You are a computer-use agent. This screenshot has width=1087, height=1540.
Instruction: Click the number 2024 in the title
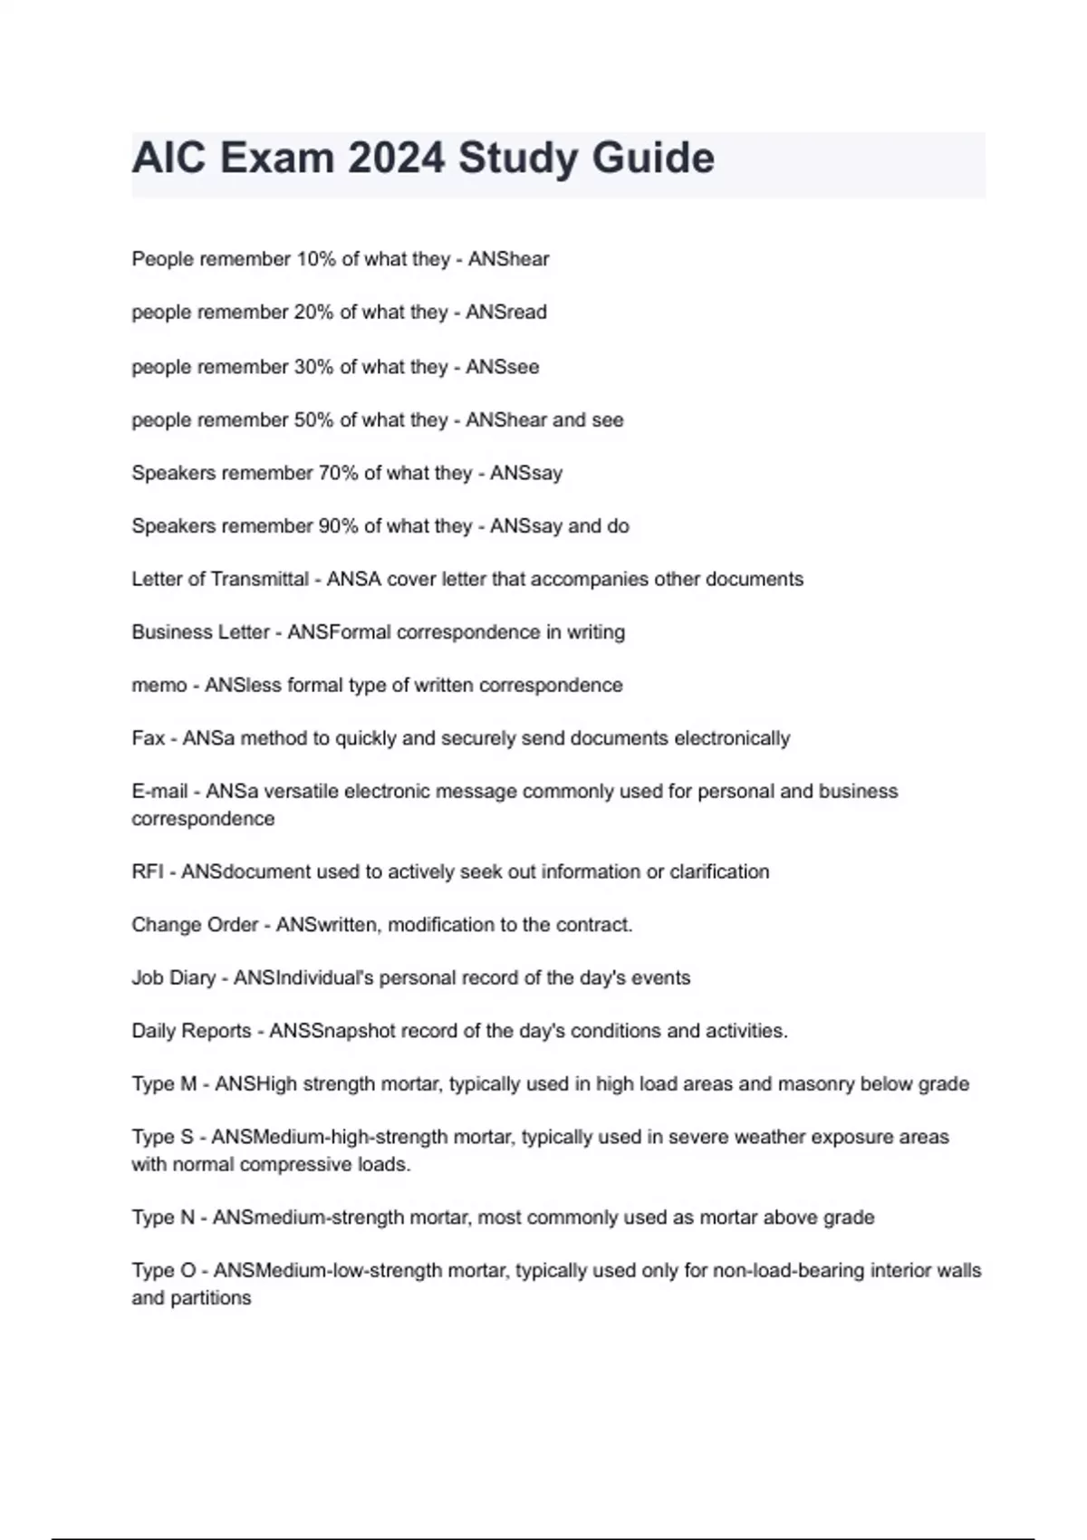[x=396, y=158]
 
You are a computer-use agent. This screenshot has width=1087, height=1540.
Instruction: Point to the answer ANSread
[x=506, y=313]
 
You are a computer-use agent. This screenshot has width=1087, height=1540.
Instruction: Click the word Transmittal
[x=260, y=579]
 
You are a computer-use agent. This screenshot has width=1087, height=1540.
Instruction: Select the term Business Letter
[x=200, y=632]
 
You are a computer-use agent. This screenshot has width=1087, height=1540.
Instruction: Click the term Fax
[x=148, y=738]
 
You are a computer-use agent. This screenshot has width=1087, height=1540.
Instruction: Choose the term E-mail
[x=160, y=792]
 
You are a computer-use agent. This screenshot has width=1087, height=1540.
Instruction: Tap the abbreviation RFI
[x=148, y=871]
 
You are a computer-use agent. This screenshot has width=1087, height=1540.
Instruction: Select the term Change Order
[x=195, y=925]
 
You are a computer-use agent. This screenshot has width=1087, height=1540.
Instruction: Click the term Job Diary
[x=173, y=978]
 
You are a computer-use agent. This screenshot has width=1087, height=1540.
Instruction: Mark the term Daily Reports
[x=191, y=1031]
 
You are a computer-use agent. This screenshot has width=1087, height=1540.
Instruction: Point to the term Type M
[x=164, y=1084]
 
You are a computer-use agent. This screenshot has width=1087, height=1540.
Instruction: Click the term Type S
[x=162, y=1137]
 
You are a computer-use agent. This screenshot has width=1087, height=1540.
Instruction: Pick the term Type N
[x=163, y=1218]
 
